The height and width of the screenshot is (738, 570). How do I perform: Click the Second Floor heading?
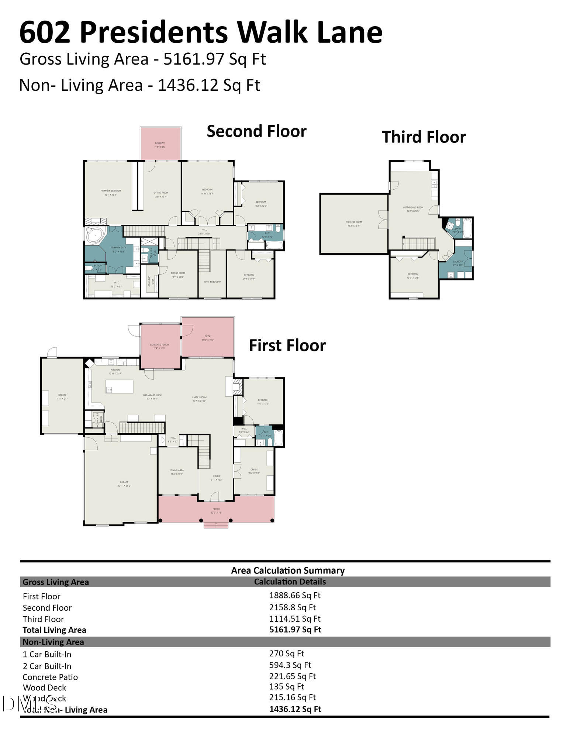256,131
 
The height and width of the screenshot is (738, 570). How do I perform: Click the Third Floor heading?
424,137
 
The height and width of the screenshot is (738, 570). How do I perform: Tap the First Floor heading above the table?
287,346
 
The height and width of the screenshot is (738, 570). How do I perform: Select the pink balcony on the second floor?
160,144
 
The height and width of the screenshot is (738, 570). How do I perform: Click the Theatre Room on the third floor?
353,224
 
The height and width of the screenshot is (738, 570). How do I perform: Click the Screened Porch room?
159,346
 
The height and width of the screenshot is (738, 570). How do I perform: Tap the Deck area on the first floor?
208,337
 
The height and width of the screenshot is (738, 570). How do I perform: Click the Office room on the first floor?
254,471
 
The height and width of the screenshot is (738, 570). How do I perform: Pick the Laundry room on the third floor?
458,262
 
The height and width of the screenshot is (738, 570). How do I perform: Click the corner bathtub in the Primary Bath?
95,235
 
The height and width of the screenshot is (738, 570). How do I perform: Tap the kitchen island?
119,386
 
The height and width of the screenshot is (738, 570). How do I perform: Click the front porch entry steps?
216,525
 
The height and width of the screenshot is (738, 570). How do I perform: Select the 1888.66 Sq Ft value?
294,595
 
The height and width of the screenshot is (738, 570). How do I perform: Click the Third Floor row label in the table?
43,619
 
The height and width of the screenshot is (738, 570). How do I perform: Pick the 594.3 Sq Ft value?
290,665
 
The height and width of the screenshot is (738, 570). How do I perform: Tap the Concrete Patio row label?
50,677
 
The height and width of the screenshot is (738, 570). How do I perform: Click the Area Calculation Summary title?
288,570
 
